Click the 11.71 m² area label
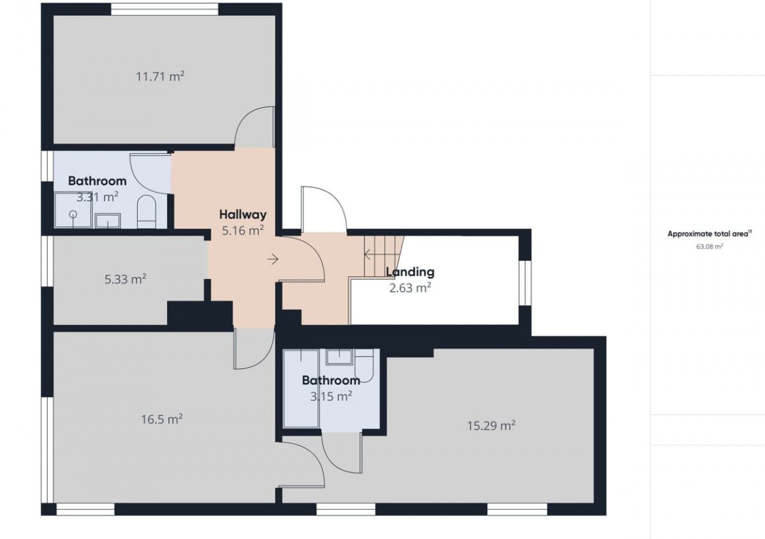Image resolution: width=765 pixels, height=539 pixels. point(160,76)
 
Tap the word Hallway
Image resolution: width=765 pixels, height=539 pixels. point(242,214)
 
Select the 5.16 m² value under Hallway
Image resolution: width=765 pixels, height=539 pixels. point(242,231)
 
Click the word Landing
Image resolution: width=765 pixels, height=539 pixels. point(410,271)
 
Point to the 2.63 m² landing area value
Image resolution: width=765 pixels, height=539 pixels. point(410,287)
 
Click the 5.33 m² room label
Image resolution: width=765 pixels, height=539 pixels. point(126,279)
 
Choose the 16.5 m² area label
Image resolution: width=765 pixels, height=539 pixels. point(162,419)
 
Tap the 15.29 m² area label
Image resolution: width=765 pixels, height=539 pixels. point(491,426)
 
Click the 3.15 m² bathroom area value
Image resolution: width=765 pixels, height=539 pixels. point(331,396)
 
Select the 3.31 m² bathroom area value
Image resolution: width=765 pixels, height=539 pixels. point(97,197)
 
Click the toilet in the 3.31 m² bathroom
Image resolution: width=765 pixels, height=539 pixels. point(147,212)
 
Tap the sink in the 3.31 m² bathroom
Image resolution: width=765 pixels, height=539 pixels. point(108,221)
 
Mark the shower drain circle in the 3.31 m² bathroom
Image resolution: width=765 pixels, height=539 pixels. point(73,215)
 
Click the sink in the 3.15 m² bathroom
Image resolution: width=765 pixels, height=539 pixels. point(339,356)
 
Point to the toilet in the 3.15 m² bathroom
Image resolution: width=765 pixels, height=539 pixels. point(365,367)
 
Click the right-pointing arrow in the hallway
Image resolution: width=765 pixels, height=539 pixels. point(273,259)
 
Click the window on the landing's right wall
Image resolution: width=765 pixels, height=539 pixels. point(524,283)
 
